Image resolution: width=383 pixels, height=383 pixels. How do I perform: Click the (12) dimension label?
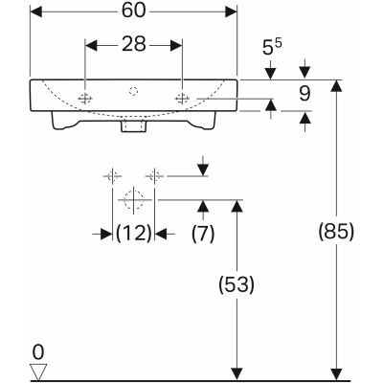click(134, 233)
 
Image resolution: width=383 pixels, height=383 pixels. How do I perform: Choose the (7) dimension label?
click(202, 233)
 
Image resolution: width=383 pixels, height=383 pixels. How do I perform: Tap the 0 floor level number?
click(38, 350)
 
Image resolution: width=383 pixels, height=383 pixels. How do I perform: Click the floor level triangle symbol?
click(38, 370)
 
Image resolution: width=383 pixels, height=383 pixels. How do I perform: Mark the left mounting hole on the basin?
click(86, 99)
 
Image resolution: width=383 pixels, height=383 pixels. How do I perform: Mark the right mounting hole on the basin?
click(182, 99)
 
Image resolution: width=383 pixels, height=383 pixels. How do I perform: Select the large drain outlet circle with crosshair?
click(134, 200)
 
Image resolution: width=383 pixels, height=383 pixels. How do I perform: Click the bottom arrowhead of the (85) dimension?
click(334, 372)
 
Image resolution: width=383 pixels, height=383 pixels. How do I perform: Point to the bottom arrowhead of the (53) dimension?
click(237, 372)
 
